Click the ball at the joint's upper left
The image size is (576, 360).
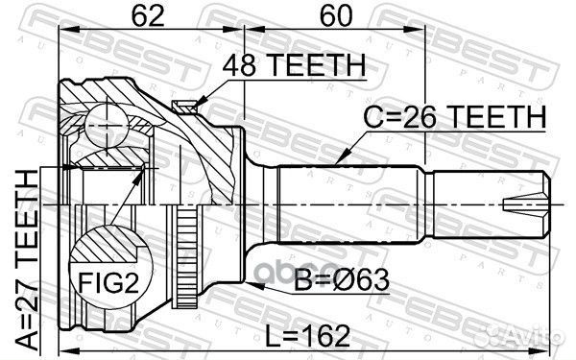(x=105, y=123)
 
